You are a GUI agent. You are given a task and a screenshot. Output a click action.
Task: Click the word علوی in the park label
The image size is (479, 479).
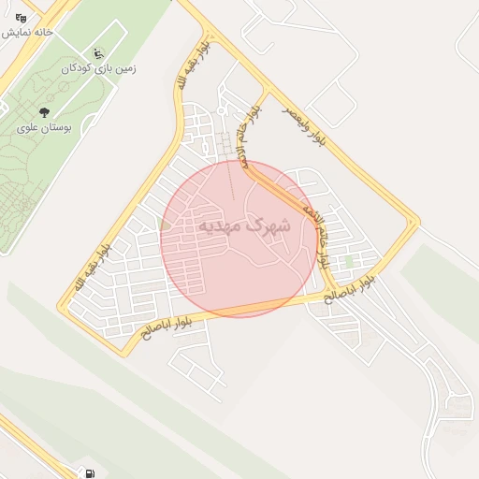30,127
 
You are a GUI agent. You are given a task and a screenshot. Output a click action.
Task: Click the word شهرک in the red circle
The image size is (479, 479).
271,225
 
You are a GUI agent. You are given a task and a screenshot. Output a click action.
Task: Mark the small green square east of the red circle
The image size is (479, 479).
351,260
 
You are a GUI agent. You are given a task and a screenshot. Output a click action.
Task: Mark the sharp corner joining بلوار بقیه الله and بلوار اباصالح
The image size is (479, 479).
120,354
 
